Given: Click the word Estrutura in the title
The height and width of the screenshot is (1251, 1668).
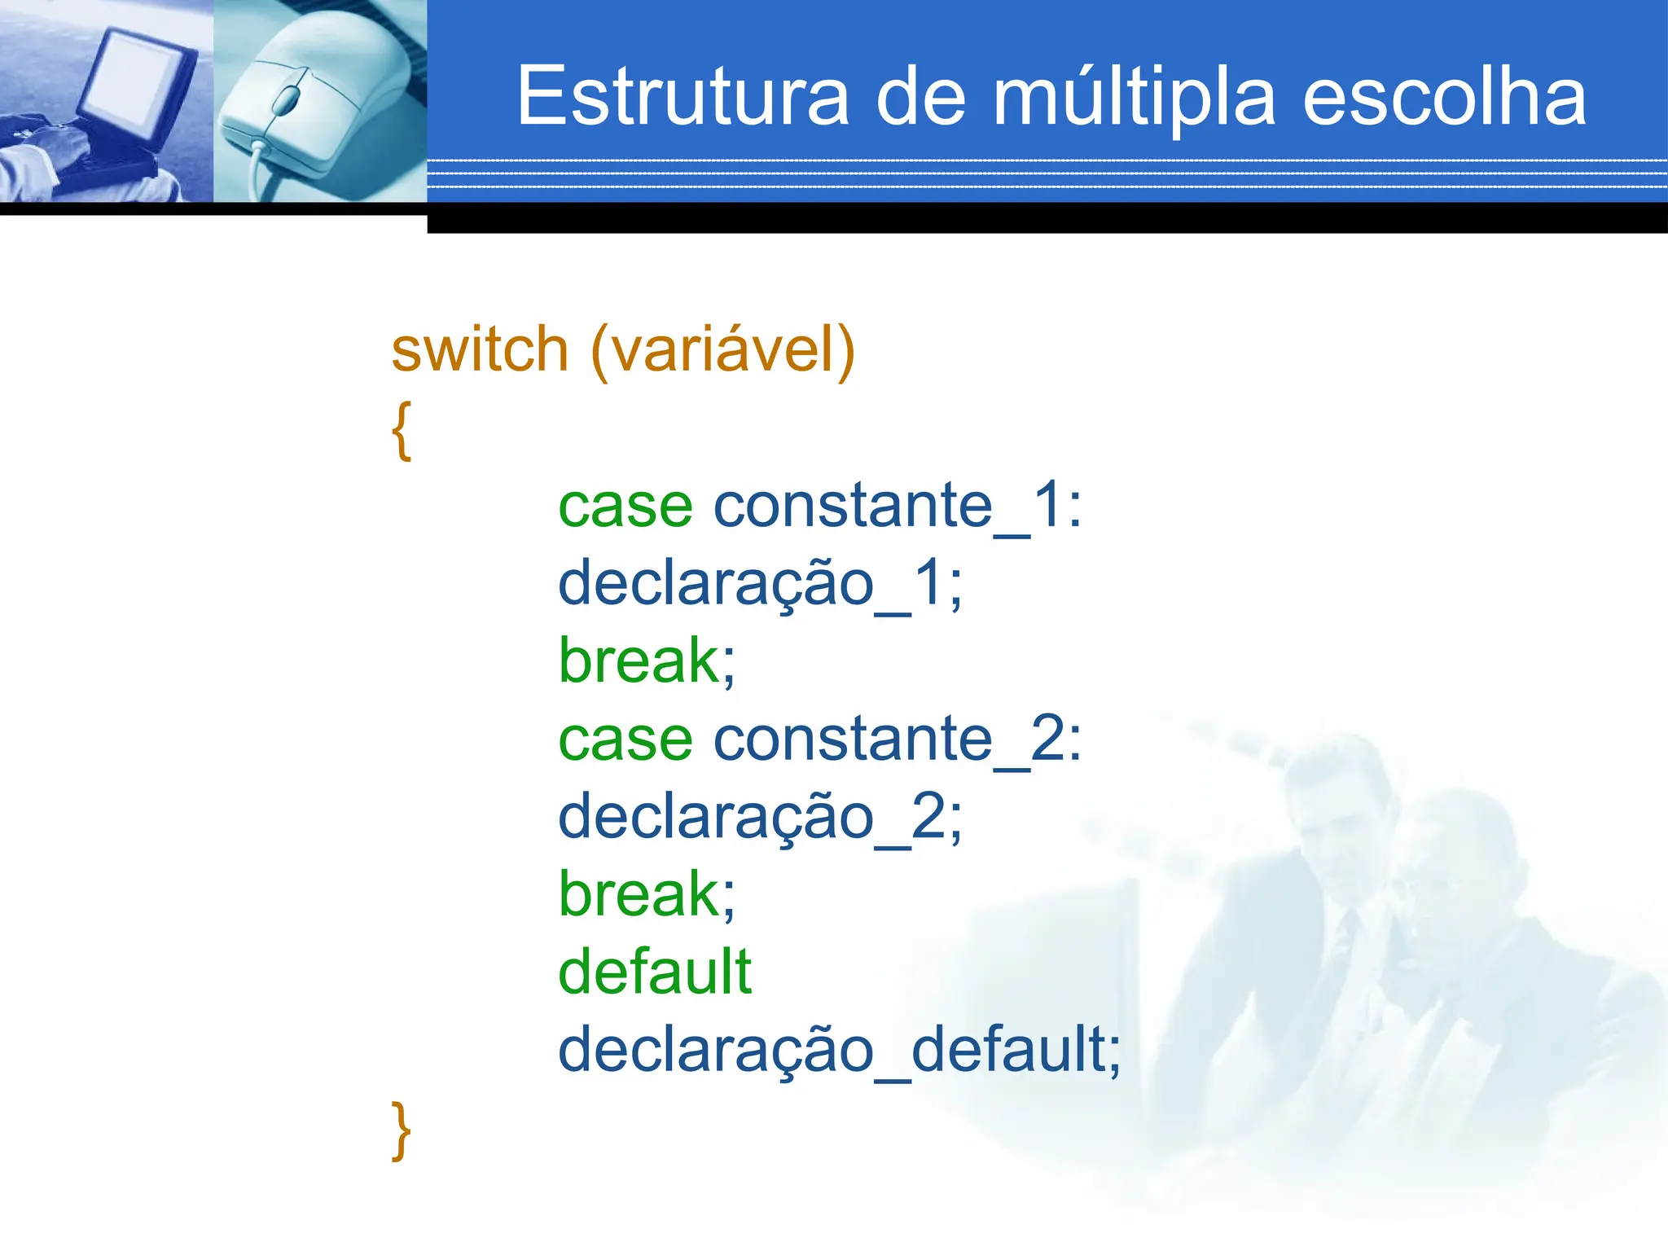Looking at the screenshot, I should [683, 97].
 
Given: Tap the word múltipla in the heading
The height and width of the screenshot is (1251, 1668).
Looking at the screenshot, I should [1134, 99].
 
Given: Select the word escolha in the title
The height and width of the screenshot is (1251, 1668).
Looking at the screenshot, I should [1444, 97].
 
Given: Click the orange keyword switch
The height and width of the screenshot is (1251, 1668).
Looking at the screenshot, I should [480, 349].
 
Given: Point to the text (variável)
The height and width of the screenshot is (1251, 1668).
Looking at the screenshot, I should [722, 351].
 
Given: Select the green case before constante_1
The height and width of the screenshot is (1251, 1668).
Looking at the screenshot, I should [625, 507].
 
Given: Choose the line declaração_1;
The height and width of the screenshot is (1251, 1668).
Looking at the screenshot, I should [760, 584].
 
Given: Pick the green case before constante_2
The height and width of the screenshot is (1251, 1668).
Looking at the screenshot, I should [625, 740].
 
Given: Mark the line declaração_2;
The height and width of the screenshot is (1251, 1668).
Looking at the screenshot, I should [760, 818].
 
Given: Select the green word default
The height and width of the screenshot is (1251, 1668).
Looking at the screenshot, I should [655, 972].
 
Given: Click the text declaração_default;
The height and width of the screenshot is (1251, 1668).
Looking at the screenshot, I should [839, 1050].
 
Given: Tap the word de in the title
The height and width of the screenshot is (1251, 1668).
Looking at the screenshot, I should [921, 97].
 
